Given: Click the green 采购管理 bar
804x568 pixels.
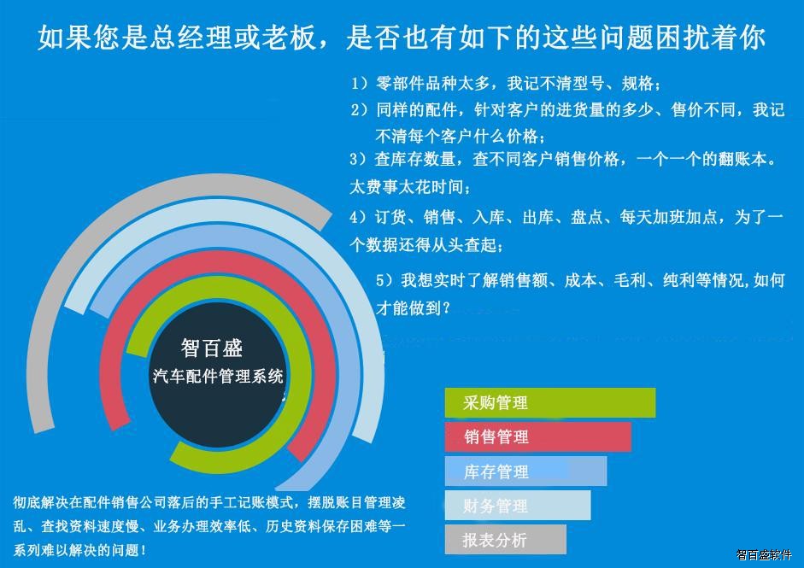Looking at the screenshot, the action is pos(549,403).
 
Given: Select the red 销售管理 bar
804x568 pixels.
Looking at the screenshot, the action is pos(538,436).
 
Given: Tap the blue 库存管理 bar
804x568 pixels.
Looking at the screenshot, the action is pos(525,471).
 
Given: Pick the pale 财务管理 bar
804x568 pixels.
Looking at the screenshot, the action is pos(518,506).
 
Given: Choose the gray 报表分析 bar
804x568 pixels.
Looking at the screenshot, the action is pos(505,539).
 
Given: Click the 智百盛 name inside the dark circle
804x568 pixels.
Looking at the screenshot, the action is pos(212,348).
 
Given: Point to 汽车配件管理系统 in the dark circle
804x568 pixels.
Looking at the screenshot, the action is pos(218,376).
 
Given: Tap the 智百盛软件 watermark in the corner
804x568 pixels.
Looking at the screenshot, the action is pos(764,554).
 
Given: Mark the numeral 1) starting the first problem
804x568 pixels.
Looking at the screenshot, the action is pos(359,83).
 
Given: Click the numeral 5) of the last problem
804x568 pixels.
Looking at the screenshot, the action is pos(384,280).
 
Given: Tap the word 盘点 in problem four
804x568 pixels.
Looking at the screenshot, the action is pos(586,217).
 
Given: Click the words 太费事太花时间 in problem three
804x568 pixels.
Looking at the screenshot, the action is pos(406,186).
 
